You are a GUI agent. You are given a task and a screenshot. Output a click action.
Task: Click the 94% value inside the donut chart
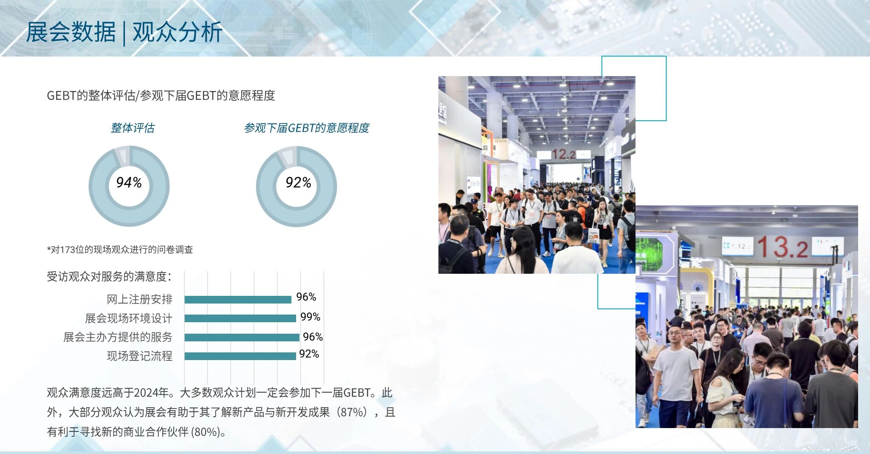[129, 182]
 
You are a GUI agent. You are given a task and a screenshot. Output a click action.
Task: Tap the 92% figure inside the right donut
[298, 183]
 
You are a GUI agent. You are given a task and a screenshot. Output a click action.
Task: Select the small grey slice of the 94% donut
[122, 156]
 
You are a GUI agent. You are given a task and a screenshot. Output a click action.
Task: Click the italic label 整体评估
[133, 128]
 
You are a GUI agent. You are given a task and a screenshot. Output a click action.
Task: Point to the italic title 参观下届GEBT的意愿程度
[306, 128]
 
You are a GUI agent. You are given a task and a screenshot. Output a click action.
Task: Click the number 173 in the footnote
[67, 250]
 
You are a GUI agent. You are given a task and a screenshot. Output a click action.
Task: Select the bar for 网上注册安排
[238, 299]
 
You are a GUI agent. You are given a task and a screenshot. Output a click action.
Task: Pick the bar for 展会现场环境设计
[240, 318]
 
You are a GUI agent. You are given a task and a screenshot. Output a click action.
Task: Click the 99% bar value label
[310, 317]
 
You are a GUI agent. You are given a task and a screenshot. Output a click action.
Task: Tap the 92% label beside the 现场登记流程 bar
[309, 354]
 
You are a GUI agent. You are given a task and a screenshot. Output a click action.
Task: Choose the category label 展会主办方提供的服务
[118, 337]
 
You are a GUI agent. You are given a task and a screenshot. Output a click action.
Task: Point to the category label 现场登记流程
[140, 356]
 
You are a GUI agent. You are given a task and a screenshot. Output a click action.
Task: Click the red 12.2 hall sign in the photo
[563, 154]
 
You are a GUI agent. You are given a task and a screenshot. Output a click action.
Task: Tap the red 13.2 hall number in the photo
[782, 247]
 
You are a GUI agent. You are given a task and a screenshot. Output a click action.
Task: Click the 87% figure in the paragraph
[352, 412]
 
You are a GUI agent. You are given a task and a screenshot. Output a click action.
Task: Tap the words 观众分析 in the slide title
[178, 32]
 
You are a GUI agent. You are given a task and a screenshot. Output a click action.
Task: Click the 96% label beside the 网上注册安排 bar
[306, 297]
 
